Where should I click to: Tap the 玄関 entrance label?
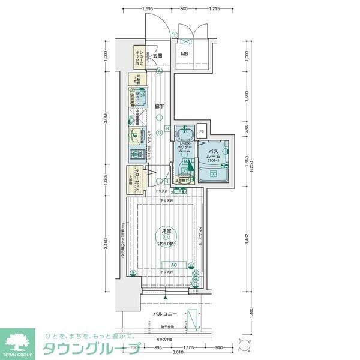pos(158,56)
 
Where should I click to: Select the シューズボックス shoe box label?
pos(139,56)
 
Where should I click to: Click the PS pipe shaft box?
pos(202,132)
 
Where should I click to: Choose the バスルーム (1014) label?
pos(215,156)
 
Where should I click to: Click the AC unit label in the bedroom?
pos(173,265)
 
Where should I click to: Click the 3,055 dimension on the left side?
pos(105,119)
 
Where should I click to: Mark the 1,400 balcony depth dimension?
pos(247,313)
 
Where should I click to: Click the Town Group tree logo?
pos(19,342)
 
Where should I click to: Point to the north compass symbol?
pos(244,346)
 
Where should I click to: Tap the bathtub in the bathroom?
pos(213,175)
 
